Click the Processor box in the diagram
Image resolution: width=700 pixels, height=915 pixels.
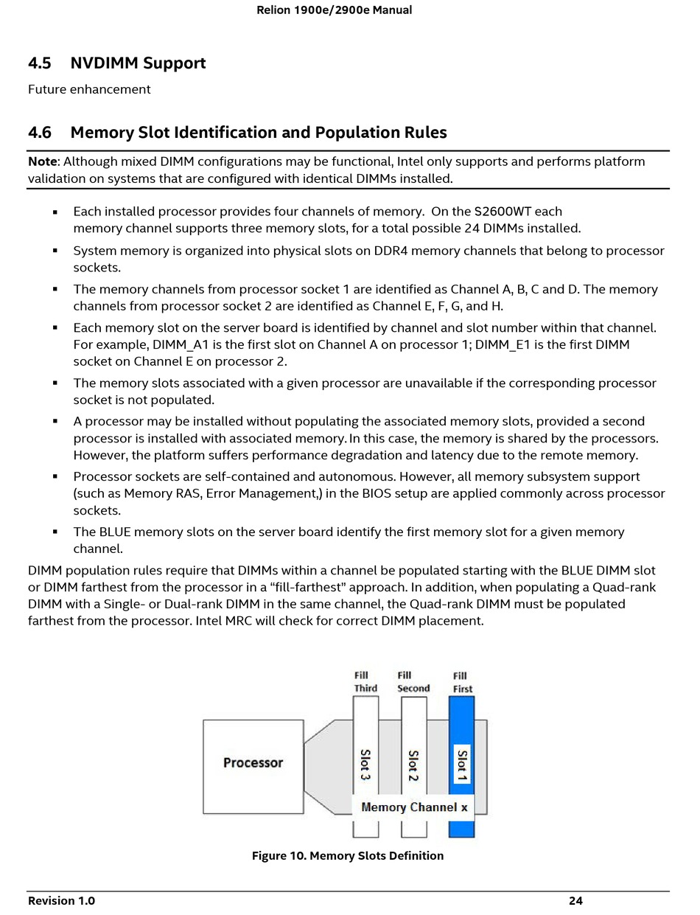coord(253,762)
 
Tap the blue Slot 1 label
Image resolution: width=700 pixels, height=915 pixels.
coord(462,765)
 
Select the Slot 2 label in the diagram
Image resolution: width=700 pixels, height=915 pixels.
coord(413,765)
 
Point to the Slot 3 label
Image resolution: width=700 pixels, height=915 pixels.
coord(365,765)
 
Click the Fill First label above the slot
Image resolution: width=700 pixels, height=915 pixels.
coord(462,682)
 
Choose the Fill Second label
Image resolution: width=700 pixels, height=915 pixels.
coord(413,682)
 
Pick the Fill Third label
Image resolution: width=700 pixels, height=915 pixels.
coord(365,682)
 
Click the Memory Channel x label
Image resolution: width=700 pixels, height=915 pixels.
coord(414,807)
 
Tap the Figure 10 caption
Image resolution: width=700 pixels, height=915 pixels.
coord(348,855)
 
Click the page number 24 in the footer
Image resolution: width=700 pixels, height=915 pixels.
coord(575,900)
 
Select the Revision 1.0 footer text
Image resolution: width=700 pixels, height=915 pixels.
coord(61,900)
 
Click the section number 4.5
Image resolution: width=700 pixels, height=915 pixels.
coord(40,63)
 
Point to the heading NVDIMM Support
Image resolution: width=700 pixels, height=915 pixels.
coord(138,63)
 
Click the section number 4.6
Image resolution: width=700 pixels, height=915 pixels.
coord(40,133)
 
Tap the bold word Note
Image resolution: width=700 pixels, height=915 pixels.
coord(42,161)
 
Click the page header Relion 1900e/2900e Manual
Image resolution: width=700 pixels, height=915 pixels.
coord(334,10)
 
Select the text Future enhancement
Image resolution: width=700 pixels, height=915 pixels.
coord(89,89)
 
